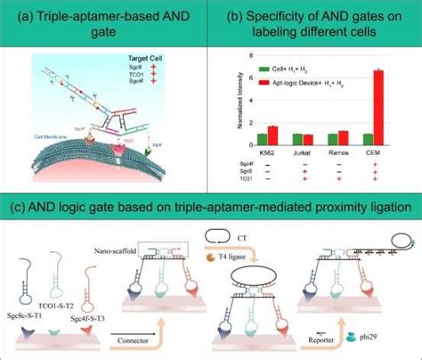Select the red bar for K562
(x=273, y=135)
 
